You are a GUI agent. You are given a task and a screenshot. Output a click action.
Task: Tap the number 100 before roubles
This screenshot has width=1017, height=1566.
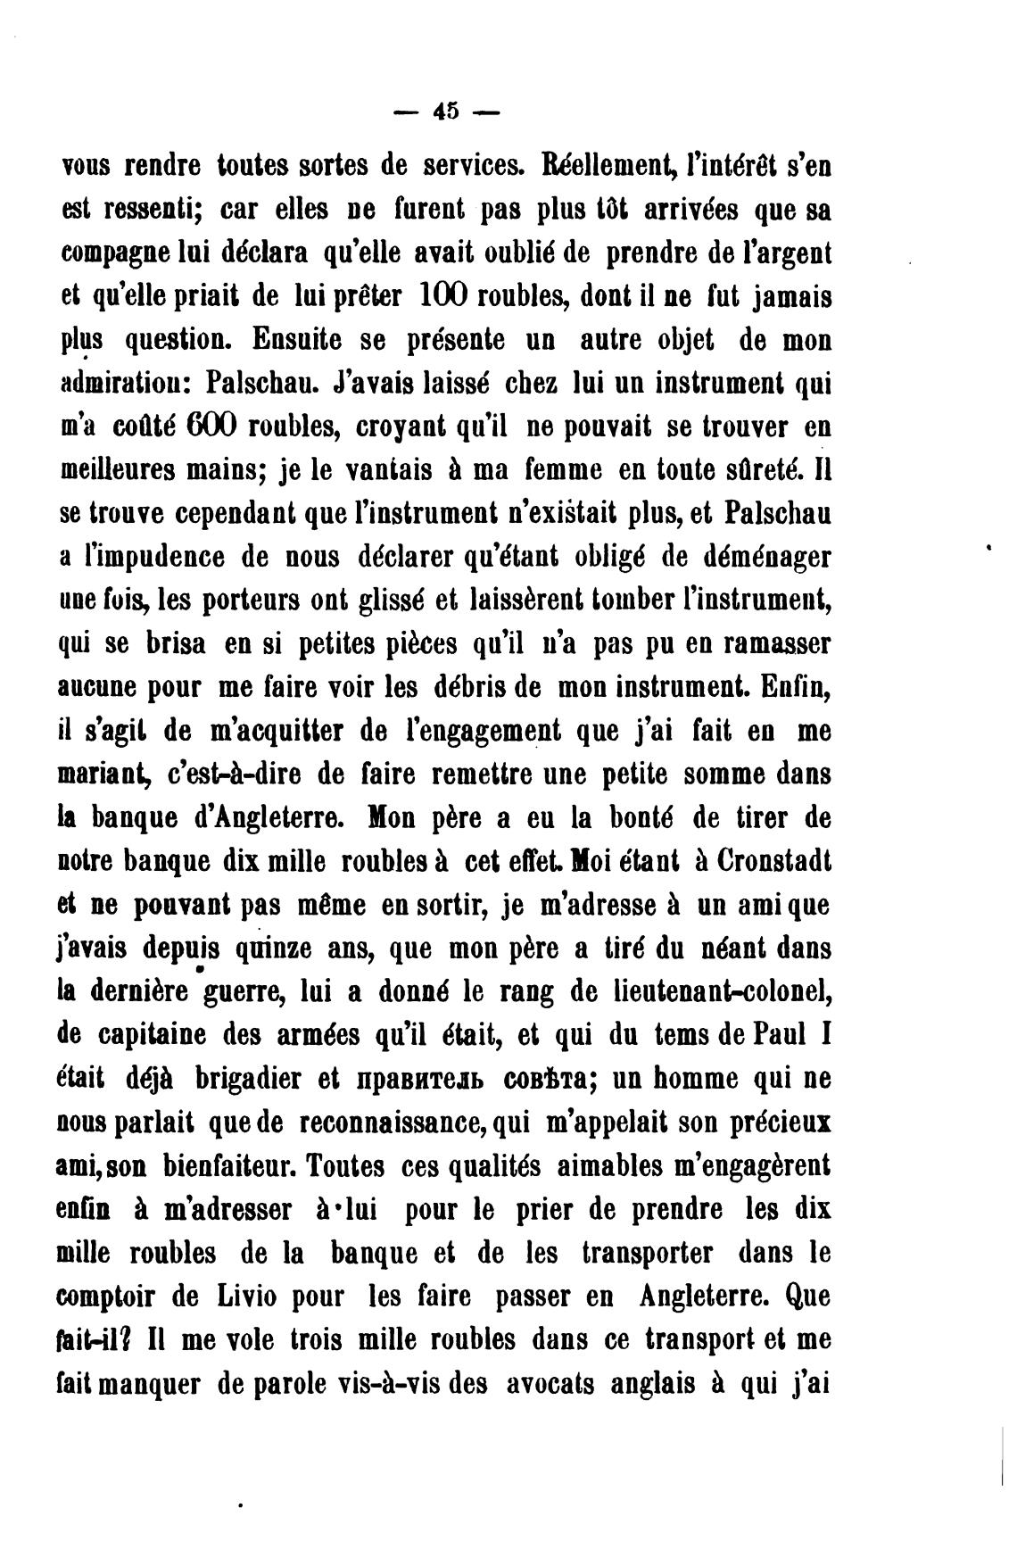coord(439,296)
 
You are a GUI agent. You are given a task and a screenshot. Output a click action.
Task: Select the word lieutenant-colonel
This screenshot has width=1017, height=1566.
coord(723,991)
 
